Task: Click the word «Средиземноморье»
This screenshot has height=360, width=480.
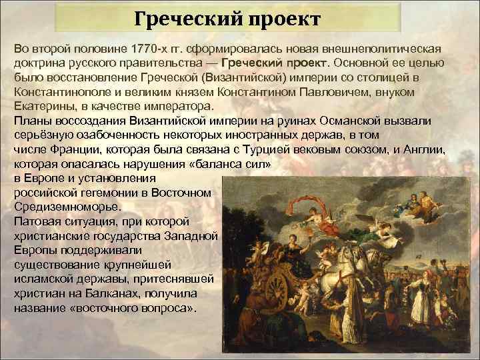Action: coord(59,206)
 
